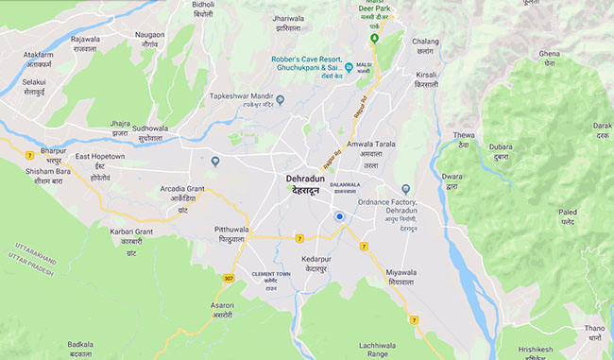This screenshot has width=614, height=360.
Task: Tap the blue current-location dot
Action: (338, 217)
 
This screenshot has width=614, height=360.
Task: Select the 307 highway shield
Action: (228, 278)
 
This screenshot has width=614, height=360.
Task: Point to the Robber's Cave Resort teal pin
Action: (349, 67)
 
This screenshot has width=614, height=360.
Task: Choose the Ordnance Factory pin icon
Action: (405, 189)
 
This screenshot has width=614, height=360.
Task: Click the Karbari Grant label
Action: (130, 231)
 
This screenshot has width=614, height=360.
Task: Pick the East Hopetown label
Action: (101, 156)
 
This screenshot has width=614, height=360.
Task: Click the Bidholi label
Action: (204, 5)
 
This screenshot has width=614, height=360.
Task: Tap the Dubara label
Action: (501, 146)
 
